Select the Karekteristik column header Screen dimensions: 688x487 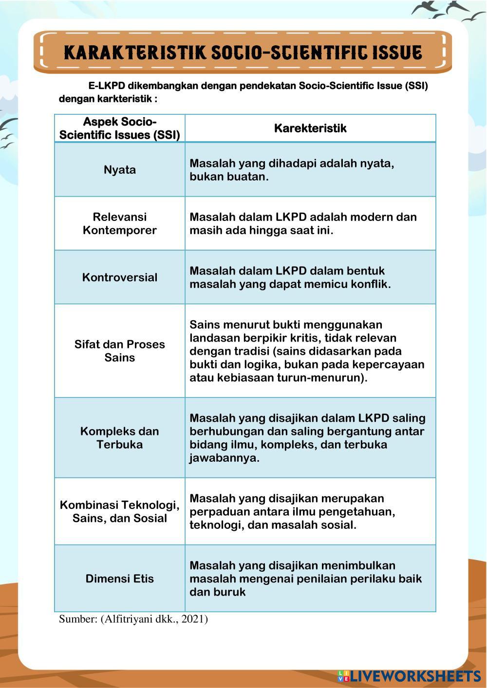[x=310, y=128]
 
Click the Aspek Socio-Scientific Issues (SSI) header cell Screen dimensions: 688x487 [x=119, y=128]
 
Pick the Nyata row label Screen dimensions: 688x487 [x=119, y=170]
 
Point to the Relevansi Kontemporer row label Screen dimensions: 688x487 [x=119, y=223]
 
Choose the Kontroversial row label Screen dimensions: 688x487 [x=119, y=277]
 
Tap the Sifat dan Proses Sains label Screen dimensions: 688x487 [x=119, y=351]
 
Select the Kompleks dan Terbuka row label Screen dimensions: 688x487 [x=119, y=437]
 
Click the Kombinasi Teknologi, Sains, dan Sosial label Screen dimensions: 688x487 [x=119, y=511]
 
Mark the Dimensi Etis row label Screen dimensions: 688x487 [x=119, y=579]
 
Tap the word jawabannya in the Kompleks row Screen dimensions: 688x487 [x=224, y=458]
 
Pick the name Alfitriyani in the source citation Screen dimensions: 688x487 [x=128, y=619]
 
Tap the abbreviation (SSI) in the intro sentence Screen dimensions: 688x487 [x=415, y=86]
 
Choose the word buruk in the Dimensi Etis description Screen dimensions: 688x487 [x=229, y=592]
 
